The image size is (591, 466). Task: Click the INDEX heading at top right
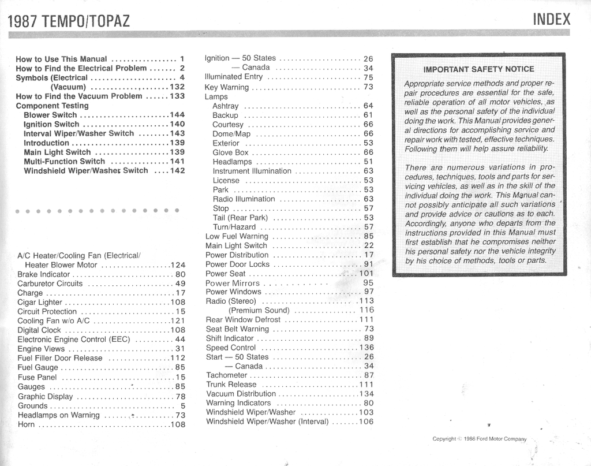click(551, 19)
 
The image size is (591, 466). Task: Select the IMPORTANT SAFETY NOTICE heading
click(478, 69)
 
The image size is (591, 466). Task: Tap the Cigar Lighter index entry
click(40, 302)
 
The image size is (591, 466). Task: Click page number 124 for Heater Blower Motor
click(178, 265)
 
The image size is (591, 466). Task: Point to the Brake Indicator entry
click(43, 274)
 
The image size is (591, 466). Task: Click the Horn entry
click(26, 424)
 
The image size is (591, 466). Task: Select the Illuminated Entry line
click(234, 77)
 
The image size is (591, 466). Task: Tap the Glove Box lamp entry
click(230, 152)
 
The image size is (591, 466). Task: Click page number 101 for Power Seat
click(366, 273)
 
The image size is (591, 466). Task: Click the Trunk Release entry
click(231, 385)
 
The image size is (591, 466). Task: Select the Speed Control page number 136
click(366, 348)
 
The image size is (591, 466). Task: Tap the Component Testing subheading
click(52, 106)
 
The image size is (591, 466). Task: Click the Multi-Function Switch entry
click(64, 162)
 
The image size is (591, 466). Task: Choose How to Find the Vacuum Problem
click(78, 96)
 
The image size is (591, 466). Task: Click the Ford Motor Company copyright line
click(479, 439)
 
